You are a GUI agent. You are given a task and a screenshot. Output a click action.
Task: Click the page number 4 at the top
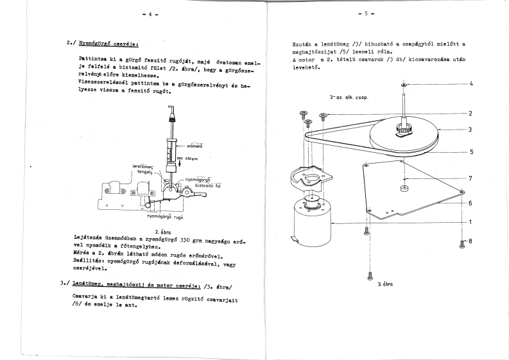coord(150,13)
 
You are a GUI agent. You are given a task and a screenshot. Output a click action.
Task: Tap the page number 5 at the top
coord(367,13)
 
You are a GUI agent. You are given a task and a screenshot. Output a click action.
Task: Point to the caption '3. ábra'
coord(385,282)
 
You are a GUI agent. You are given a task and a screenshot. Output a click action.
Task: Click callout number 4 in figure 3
coord(470,84)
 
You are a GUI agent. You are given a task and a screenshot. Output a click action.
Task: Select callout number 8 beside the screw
coord(470,241)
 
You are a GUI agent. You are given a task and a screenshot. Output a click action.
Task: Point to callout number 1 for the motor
coord(470,222)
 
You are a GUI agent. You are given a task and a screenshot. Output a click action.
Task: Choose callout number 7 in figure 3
coord(470,178)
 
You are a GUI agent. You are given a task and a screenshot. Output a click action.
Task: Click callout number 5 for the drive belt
coord(470,152)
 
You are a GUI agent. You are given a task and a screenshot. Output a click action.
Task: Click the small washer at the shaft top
coord(402,85)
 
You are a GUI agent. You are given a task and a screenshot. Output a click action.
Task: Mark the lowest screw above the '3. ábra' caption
coord(370,275)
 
